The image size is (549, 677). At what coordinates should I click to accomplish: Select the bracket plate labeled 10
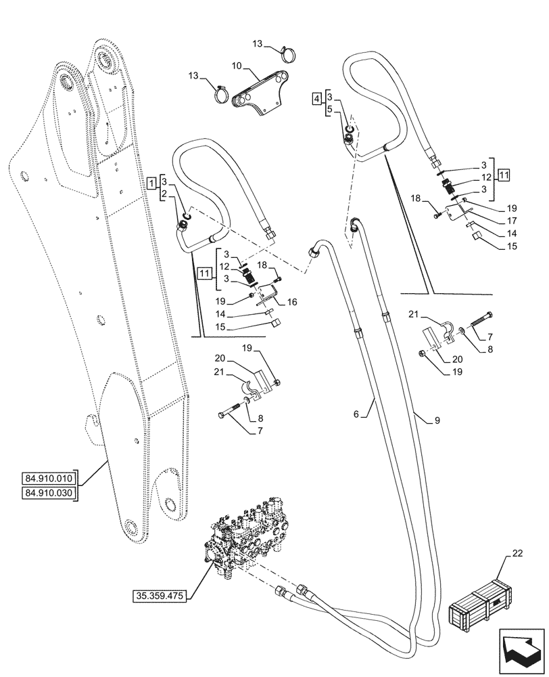(260, 94)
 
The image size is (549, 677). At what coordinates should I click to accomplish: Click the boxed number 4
(317, 100)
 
